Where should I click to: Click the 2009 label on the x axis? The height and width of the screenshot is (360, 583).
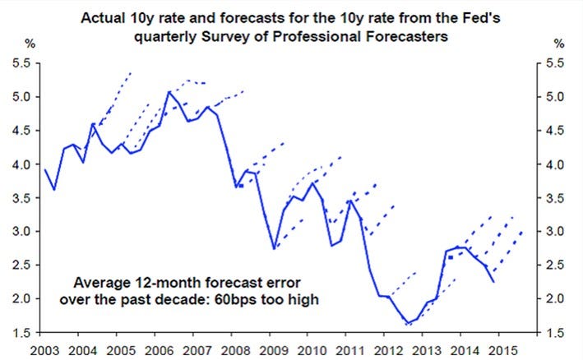(274, 350)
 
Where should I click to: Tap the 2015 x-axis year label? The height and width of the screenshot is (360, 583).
(503, 350)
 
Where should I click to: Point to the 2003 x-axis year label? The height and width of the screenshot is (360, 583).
(44, 350)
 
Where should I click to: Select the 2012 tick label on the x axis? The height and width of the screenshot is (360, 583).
(389, 350)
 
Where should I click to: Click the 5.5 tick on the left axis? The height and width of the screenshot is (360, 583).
(21, 63)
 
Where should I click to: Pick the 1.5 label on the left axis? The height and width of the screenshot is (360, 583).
(21, 333)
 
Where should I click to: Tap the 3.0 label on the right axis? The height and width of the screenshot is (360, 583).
(555, 232)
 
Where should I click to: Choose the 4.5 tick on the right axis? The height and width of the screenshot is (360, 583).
(555, 131)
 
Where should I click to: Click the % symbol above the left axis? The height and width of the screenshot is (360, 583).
(30, 44)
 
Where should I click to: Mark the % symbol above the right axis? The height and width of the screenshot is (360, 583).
(559, 44)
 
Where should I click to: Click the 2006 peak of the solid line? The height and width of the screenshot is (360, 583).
(169, 91)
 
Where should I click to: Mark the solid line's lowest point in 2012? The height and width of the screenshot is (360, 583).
(408, 323)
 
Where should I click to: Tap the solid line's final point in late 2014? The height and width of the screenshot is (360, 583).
(493, 282)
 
